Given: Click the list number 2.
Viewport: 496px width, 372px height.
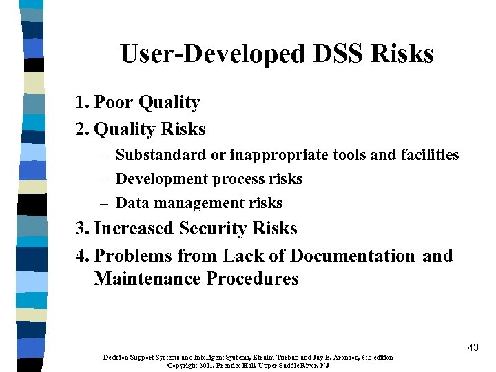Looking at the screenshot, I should (82, 129).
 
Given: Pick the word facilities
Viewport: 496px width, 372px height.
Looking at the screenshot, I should (428, 155).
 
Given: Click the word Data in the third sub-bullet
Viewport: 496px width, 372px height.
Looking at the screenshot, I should (130, 203).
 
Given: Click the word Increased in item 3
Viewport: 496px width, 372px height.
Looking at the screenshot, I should (134, 229).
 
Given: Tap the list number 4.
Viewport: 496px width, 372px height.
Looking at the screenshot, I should (82, 256).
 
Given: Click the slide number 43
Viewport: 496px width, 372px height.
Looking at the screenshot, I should (473, 347).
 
